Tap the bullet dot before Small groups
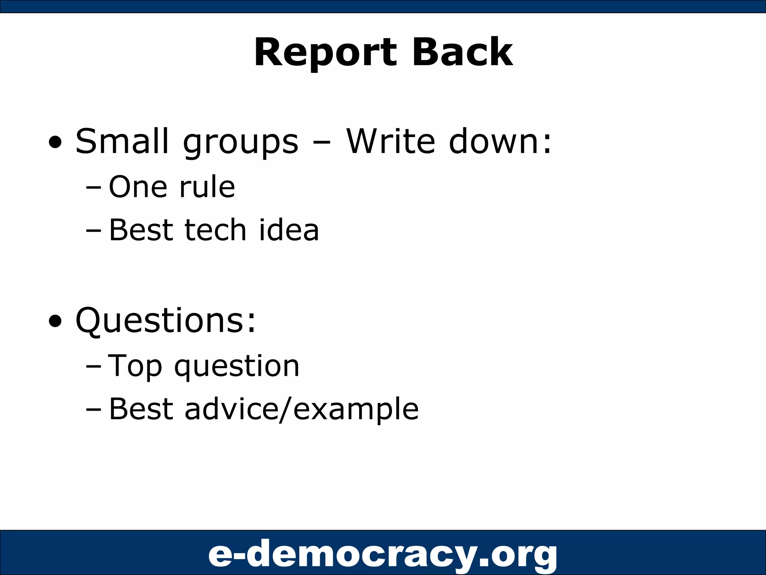click(55, 143)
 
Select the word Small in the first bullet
click(122, 141)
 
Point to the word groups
click(240, 144)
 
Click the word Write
click(390, 141)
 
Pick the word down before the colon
click(494, 141)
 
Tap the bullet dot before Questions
click(55, 321)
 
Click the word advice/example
click(301, 409)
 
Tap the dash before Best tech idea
click(93, 230)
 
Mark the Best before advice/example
click(141, 409)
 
